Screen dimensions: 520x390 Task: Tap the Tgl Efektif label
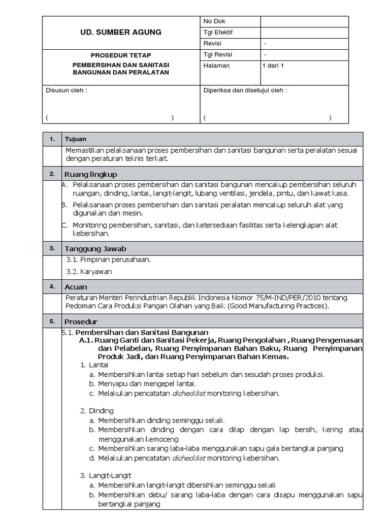click(218, 32)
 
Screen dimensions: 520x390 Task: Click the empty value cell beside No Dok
click(304, 21)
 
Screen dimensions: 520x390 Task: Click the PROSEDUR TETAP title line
click(121, 55)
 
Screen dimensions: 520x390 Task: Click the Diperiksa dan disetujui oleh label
click(245, 90)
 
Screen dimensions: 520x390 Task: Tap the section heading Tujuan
click(75, 139)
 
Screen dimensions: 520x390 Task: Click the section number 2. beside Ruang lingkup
click(52, 174)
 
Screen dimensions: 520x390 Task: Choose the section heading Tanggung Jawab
click(95, 249)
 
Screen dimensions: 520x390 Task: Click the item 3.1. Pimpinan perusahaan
click(109, 259)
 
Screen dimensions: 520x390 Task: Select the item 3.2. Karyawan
click(89, 272)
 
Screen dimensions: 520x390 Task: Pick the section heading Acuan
click(76, 287)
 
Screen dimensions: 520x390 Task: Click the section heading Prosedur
click(80, 322)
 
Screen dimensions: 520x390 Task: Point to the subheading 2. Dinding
click(96, 410)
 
